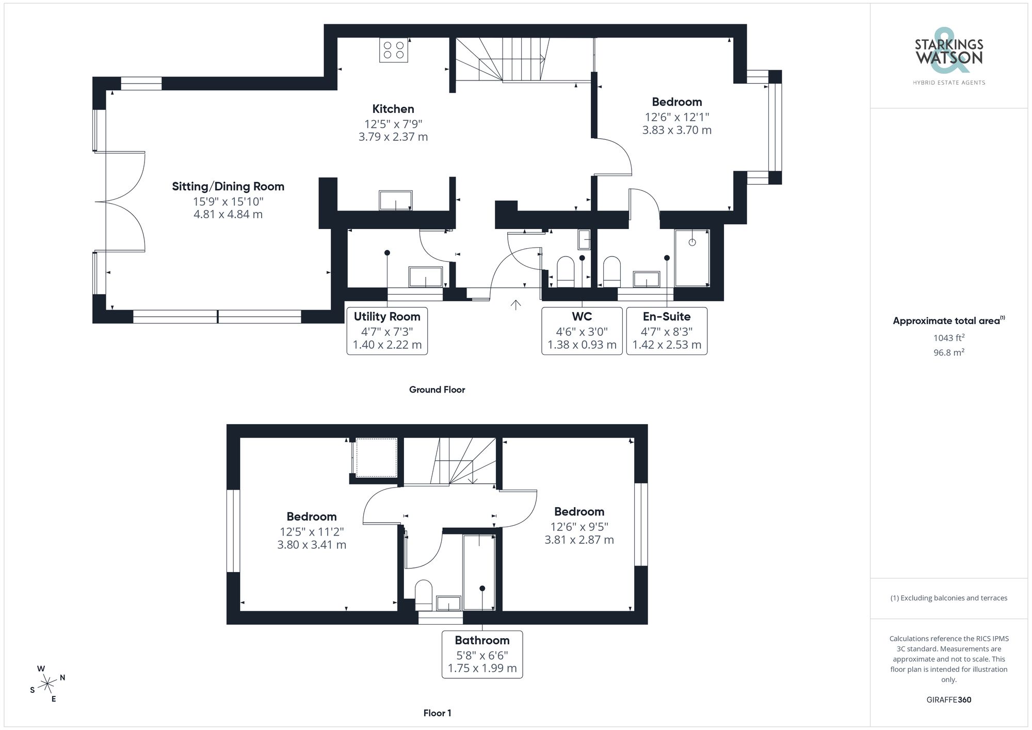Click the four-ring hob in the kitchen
[394, 50]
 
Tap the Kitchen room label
[393, 109]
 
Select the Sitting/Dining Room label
[228, 186]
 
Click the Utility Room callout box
[387, 331]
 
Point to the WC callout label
[582, 316]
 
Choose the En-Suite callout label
[666, 316]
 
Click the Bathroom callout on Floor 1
[482, 654]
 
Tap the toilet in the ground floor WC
[566, 271]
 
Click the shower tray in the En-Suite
[692, 257]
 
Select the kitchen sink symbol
[396, 200]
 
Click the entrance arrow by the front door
[515, 304]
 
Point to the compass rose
[47, 684]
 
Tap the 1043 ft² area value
[948, 338]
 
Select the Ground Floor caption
[437, 390]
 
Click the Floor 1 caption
[437, 713]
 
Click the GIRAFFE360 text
[948, 700]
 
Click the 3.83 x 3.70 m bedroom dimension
[676, 130]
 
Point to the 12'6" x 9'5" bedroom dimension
[579, 527]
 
